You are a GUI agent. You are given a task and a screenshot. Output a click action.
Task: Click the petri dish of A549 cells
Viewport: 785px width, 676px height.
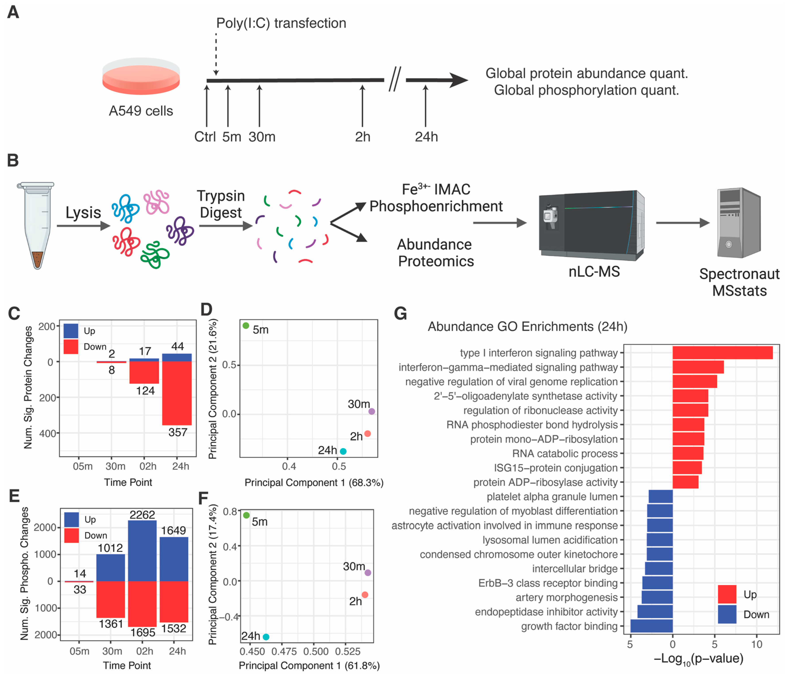coord(141,77)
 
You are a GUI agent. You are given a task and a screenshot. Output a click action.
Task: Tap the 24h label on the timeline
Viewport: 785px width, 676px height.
coord(426,137)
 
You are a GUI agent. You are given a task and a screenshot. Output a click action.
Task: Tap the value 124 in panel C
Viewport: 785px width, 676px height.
coord(145,391)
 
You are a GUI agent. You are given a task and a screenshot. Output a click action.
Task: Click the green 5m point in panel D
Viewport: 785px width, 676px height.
coord(246,326)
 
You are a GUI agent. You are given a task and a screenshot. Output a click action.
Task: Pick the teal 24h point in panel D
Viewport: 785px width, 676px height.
coord(343,451)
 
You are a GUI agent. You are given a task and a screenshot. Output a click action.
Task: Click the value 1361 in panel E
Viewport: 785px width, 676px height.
coord(111,623)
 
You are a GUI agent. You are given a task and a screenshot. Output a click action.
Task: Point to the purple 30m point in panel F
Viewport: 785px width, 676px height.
coord(368,573)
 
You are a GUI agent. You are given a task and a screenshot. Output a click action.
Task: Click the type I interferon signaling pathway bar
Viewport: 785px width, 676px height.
coord(722,353)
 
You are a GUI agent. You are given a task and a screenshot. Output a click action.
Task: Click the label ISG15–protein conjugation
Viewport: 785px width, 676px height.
coord(555,468)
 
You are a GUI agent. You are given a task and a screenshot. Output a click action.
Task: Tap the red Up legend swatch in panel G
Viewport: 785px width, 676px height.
coord(727,594)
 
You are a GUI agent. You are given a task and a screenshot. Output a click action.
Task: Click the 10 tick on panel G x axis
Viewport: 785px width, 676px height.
coord(757,644)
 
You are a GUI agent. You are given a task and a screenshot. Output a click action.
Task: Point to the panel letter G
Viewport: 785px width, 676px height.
coord(400,313)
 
